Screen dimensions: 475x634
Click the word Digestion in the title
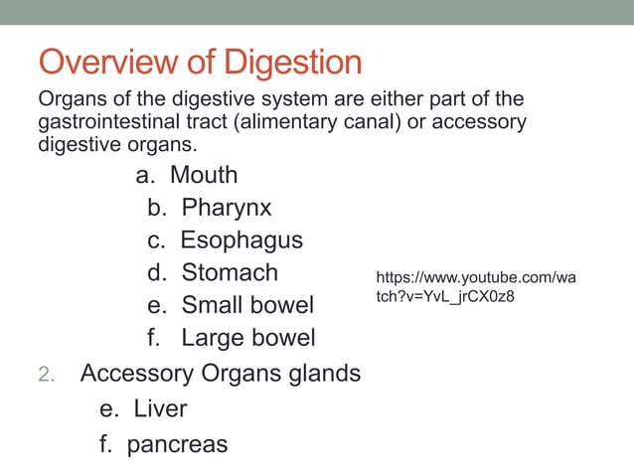click(x=292, y=63)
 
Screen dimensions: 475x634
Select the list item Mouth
click(x=204, y=175)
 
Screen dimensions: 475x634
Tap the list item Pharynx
click(x=226, y=208)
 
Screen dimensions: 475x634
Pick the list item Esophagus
click(x=241, y=240)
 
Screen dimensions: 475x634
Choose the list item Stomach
click(x=230, y=272)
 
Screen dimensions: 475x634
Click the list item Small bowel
click(x=247, y=305)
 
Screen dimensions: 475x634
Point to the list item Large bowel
click(x=248, y=338)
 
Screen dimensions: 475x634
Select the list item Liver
click(x=160, y=408)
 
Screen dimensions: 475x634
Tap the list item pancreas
click(x=177, y=444)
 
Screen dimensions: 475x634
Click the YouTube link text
click(x=476, y=287)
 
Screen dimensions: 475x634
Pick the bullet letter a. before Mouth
click(x=147, y=175)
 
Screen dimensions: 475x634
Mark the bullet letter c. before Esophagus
click(x=157, y=240)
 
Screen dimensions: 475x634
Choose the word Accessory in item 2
click(x=137, y=374)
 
